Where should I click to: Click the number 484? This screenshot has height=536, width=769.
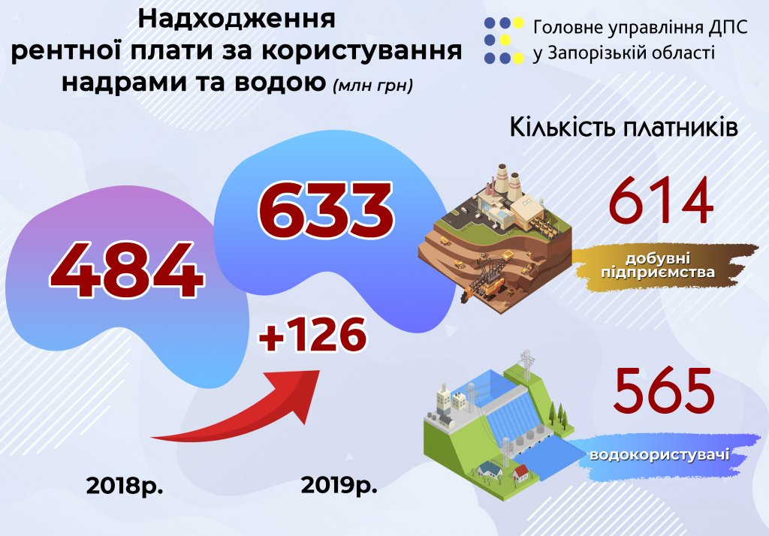pyautogui.click(x=126, y=270)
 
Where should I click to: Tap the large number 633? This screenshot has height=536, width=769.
pyautogui.click(x=326, y=210)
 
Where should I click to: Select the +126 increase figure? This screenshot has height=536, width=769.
pyautogui.click(x=312, y=335)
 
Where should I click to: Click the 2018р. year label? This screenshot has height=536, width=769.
pyautogui.click(x=125, y=486)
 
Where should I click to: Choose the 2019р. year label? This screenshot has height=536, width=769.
pyautogui.click(x=339, y=486)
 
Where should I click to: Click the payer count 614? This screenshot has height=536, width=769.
pyautogui.click(x=661, y=201)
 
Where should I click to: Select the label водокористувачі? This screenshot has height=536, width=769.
pyautogui.click(x=659, y=455)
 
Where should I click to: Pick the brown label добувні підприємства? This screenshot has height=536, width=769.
pyautogui.click(x=658, y=266)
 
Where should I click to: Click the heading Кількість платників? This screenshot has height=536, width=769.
pyautogui.click(x=624, y=128)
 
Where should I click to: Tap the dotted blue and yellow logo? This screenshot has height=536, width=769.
pyautogui.click(x=504, y=41)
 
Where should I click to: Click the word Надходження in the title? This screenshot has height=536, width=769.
pyautogui.click(x=237, y=19)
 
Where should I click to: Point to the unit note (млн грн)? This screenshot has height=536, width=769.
pyautogui.click(x=372, y=86)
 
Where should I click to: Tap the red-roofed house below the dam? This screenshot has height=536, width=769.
pyautogui.click(x=520, y=473)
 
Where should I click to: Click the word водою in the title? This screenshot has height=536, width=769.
pyautogui.click(x=279, y=82)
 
